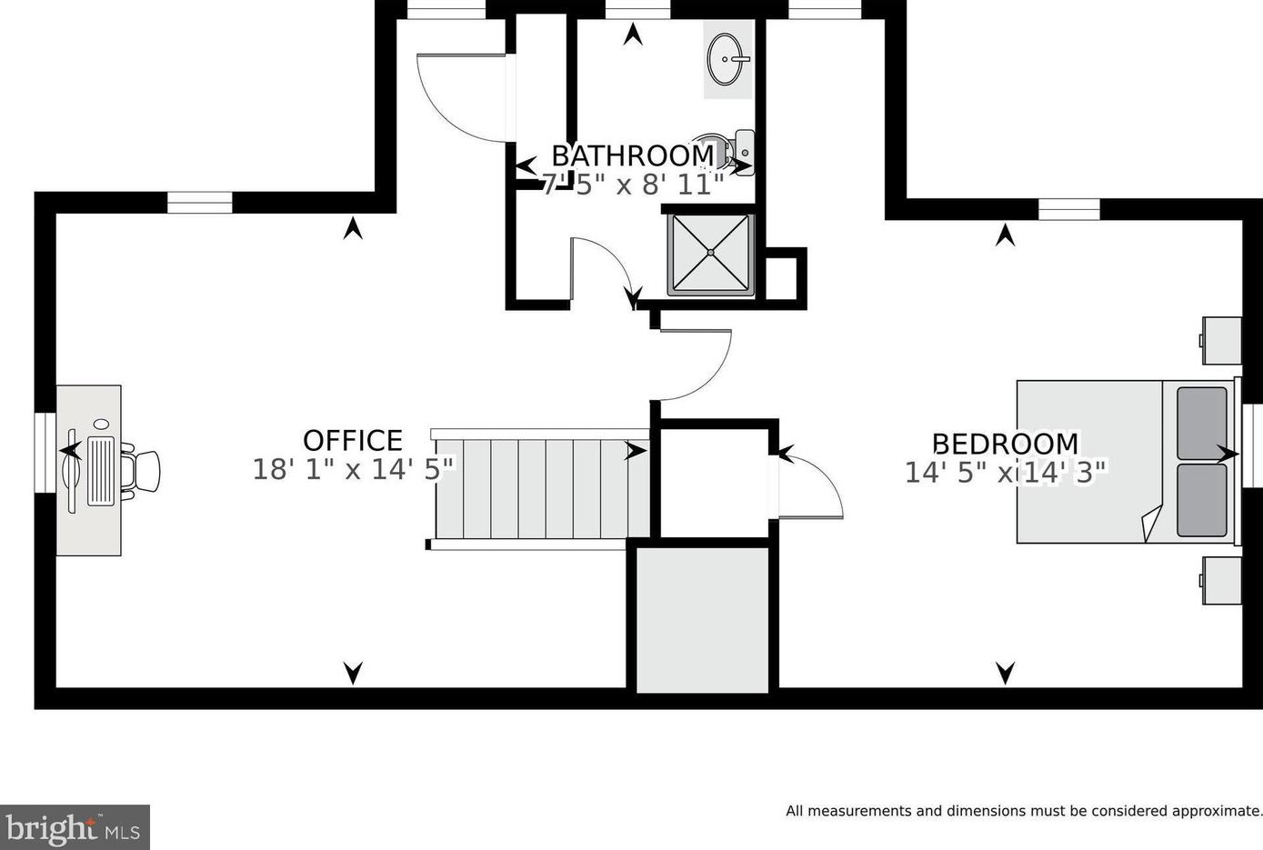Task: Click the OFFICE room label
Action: (353, 440)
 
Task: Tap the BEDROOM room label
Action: (1006, 444)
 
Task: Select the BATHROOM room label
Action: (633, 156)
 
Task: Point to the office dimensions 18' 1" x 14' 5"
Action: (353, 469)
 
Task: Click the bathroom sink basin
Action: (728, 58)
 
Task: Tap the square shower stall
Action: (711, 255)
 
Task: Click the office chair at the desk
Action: (142, 471)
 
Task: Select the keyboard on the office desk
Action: (101, 471)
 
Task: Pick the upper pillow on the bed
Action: (1201, 424)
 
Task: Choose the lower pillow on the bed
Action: (1201, 500)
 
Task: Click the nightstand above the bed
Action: (1220, 341)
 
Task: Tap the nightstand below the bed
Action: (1220, 581)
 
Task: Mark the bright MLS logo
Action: (75, 827)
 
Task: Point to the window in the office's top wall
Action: (200, 203)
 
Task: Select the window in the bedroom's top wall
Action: (1069, 209)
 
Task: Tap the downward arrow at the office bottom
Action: (353, 673)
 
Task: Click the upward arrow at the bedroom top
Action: (1006, 235)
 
